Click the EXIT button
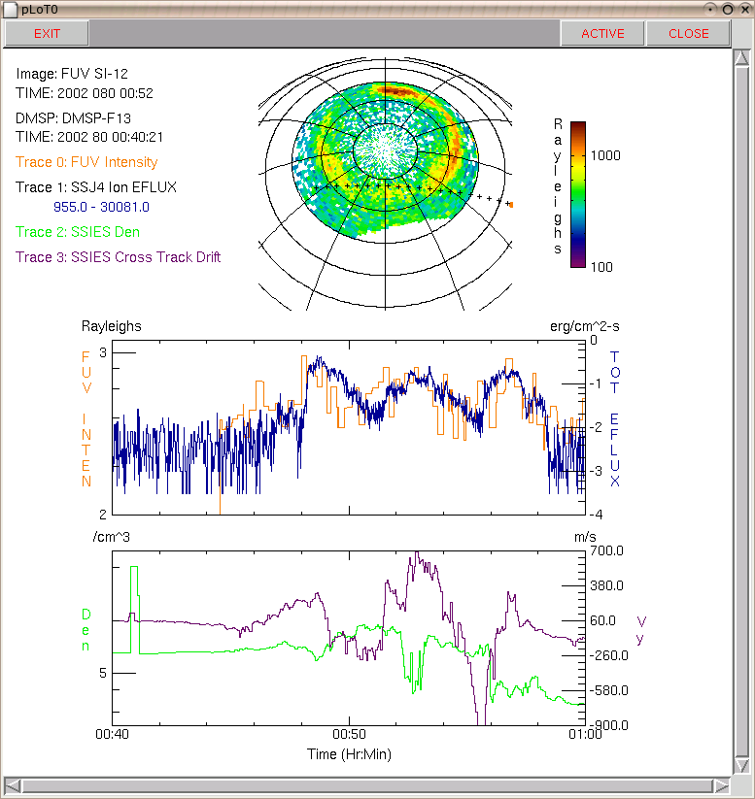(x=47, y=34)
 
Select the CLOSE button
(x=688, y=34)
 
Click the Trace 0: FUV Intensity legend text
(x=86, y=162)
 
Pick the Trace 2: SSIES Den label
(x=78, y=232)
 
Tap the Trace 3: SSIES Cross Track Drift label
(x=118, y=257)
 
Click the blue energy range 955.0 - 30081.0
(x=101, y=207)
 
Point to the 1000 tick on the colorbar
(x=605, y=155)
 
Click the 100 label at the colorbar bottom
(x=601, y=267)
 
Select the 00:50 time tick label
(x=349, y=734)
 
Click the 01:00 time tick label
(x=585, y=734)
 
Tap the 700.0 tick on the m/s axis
(x=606, y=550)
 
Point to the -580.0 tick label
(x=608, y=690)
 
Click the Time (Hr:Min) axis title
(x=349, y=754)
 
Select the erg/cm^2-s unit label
(x=585, y=326)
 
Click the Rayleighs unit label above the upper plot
(x=111, y=326)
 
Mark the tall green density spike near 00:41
(x=135, y=610)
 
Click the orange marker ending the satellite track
(x=511, y=205)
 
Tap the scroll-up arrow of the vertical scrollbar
(x=741, y=57)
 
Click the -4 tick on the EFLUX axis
(x=596, y=515)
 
